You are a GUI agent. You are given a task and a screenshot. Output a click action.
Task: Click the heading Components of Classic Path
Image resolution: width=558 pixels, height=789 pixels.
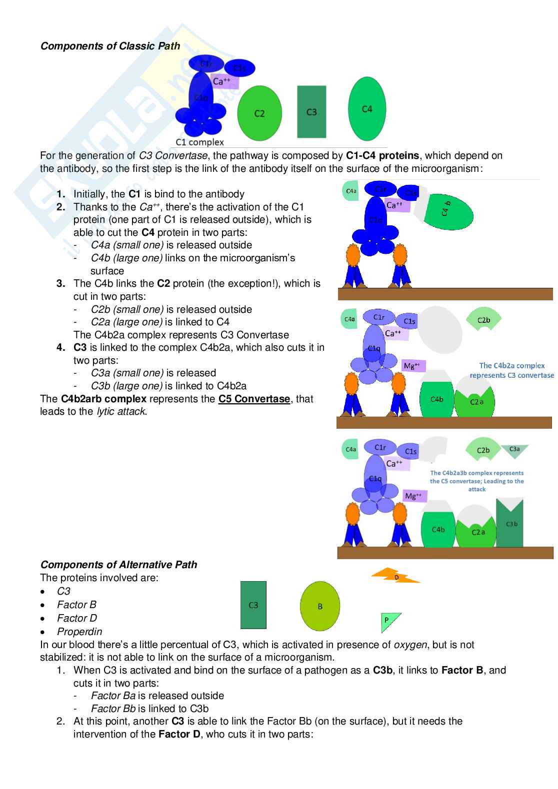[x=110, y=46]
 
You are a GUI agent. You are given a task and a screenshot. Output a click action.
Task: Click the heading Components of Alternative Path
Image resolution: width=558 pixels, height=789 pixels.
[x=118, y=565]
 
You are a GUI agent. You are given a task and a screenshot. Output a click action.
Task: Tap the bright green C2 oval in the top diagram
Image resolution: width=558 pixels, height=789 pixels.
[x=259, y=113]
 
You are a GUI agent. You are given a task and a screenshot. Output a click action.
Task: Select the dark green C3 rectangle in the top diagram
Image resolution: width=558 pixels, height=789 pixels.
[x=311, y=112]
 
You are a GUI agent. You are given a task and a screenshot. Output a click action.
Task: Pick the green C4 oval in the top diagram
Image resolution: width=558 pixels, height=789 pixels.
[x=367, y=109]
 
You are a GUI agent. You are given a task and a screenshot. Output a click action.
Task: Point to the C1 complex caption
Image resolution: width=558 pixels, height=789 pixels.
[x=199, y=142]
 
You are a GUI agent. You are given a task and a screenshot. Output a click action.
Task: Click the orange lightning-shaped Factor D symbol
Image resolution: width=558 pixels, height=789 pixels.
[x=395, y=577]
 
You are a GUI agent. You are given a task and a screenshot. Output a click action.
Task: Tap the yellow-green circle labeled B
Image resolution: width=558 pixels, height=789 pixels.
[x=320, y=606]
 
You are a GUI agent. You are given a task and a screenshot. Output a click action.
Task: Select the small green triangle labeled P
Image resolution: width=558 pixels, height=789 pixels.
[x=388, y=621]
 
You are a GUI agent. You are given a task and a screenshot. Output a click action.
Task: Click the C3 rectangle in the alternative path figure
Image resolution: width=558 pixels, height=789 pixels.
[x=253, y=605]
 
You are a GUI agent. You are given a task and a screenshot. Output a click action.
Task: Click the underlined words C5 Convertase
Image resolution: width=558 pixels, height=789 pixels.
[x=254, y=399]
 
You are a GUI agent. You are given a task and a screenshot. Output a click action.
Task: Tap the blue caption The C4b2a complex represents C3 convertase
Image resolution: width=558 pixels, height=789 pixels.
[x=511, y=370]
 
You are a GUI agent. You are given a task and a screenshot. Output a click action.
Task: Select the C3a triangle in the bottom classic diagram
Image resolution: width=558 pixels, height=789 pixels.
[x=514, y=450]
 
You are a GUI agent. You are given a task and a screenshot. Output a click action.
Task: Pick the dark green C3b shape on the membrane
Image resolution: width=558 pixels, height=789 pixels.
[x=510, y=525]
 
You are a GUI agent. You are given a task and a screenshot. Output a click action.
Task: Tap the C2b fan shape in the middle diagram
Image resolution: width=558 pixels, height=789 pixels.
[x=483, y=320]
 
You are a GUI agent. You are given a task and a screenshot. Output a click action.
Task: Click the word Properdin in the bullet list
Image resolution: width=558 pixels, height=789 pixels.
[x=79, y=632]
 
